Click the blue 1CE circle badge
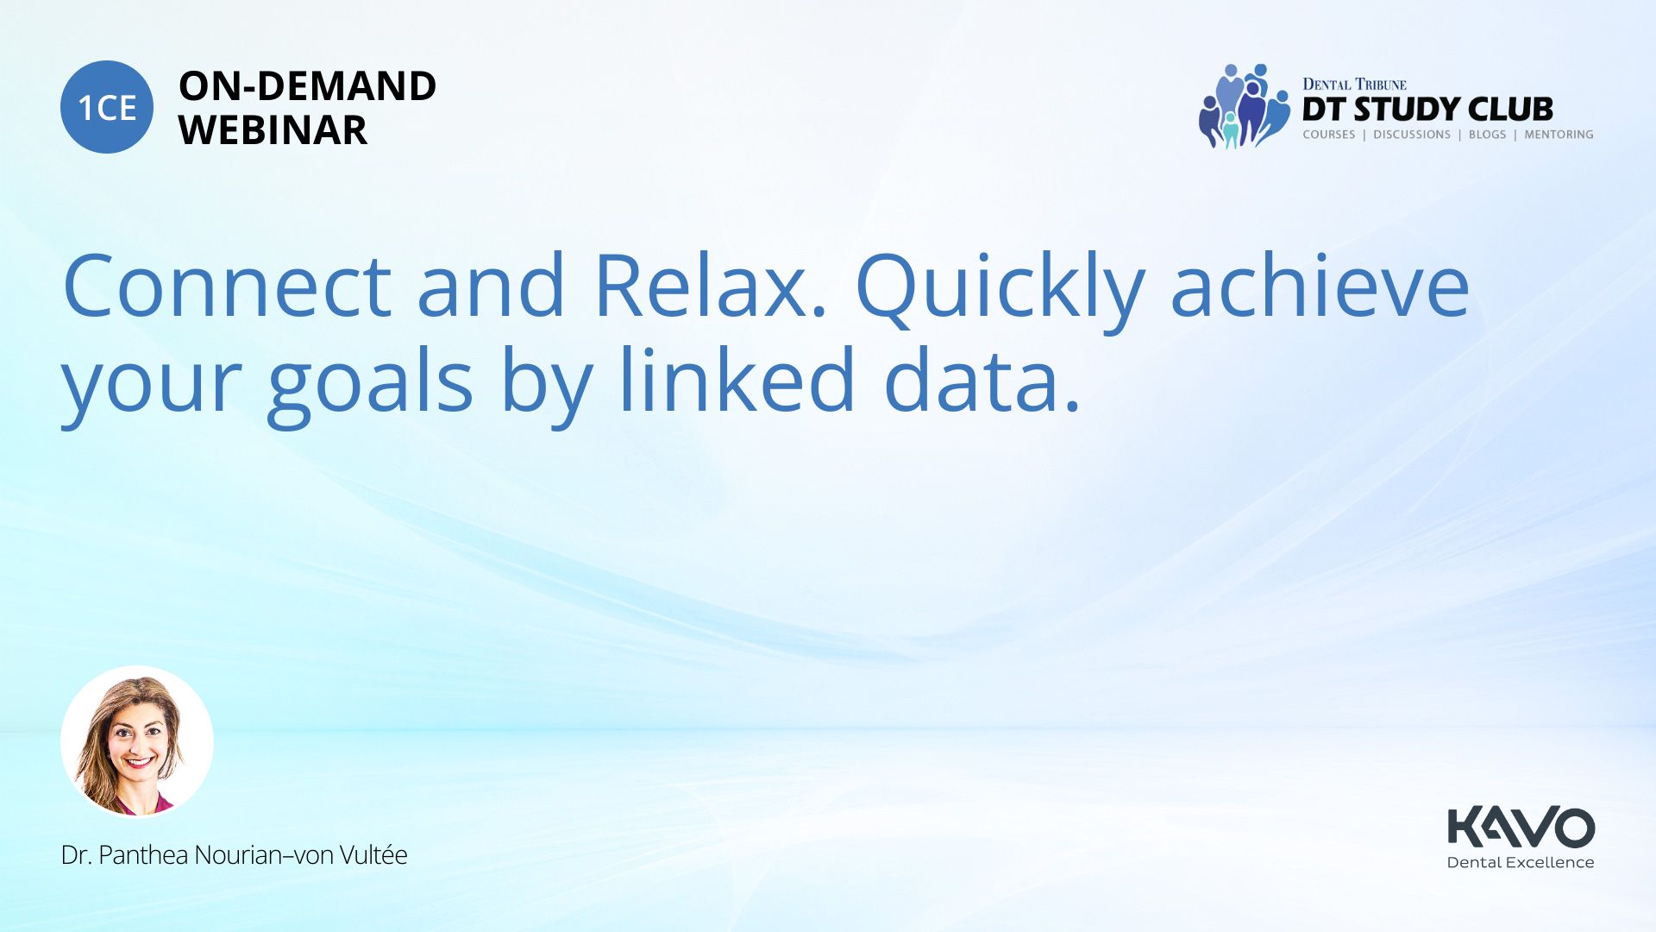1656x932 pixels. pyautogui.click(x=107, y=107)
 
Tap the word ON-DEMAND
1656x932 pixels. pyautogui.click(x=307, y=86)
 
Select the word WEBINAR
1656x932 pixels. pyautogui.click(x=273, y=130)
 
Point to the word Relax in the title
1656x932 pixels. pyautogui.click(x=711, y=285)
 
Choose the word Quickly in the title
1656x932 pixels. pyautogui.click(x=1000, y=289)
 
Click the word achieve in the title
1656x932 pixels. pyautogui.click(x=1320, y=285)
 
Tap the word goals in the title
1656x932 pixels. pyautogui.click(x=371, y=384)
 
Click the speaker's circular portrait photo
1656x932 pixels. pyautogui.click(x=137, y=742)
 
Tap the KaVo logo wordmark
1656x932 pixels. pyautogui.click(x=1521, y=827)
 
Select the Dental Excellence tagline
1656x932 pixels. pyautogui.click(x=1521, y=862)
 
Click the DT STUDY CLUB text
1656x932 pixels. pyautogui.click(x=1427, y=110)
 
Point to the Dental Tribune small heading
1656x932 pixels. pyautogui.click(x=1354, y=84)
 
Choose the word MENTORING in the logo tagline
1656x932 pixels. pyautogui.click(x=1559, y=135)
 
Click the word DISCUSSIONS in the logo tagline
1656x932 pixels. pyautogui.click(x=1412, y=135)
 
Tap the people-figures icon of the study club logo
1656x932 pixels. pyautogui.click(x=1244, y=105)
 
